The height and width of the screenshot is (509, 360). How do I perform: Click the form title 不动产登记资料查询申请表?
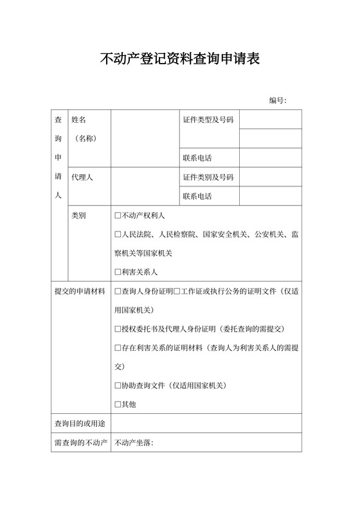pyautogui.click(x=180, y=60)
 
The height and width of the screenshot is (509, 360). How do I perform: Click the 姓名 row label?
pyautogui.click(x=78, y=120)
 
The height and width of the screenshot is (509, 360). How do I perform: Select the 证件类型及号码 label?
pyautogui.click(x=208, y=120)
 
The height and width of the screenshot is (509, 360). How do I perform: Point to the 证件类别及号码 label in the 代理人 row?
pyautogui.click(x=208, y=177)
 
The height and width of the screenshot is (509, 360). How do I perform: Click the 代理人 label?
pyautogui.click(x=82, y=177)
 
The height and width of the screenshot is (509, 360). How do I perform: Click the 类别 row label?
pyautogui.click(x=78, y=216)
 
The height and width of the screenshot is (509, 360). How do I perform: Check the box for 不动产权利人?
pyautogui.click(x=118, y=216)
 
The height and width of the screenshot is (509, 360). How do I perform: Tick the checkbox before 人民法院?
pyautogui.click(x=118, y=235)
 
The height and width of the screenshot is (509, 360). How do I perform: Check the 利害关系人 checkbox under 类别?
pyautogui.click(x=118, y=272)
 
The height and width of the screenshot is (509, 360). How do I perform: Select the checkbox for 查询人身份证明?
pyautogui.click(x=118, y=291)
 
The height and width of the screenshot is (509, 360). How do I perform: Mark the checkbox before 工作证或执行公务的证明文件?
pyautogui.click(x=177, y=291)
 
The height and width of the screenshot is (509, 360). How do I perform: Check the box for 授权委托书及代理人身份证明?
pyautogui.click(x=118, y=329)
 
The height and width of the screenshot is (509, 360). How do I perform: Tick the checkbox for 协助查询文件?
pyautogui.click(x=118, y=386)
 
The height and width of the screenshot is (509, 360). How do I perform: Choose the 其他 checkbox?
pyautogui.click(x=118, y=404)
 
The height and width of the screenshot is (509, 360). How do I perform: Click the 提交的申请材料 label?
pyautogui.click(x=78, y=291)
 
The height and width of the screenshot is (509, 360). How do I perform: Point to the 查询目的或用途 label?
pyautogui.click(x=78, y=424)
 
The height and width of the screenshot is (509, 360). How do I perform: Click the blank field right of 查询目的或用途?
pyautogui.click(x=206, y=424)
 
